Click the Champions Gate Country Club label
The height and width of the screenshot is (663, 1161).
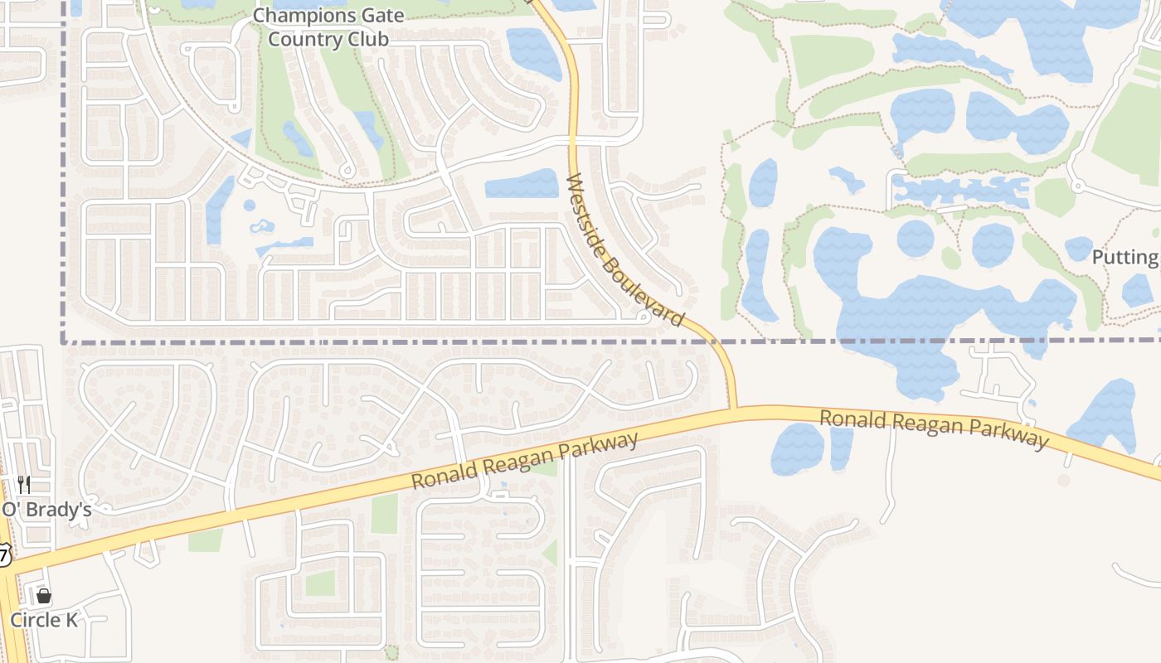(x=328, y=27)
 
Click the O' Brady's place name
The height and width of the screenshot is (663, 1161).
(x=46, y=510)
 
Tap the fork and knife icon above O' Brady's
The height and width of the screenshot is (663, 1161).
(x=24, y=485)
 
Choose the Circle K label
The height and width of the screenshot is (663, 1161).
(x=43, y=620)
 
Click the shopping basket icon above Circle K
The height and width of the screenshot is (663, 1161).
(x=44, y=596)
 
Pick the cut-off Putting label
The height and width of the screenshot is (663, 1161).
(x=1125, y=257)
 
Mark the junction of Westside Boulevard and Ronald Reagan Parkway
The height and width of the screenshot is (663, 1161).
(x=733, y=409)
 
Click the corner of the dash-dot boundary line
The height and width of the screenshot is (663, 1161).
(x=64, y=341)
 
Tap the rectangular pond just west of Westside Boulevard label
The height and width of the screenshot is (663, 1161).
(x=522, y=185)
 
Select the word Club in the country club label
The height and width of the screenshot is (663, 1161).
(x=366, y=38)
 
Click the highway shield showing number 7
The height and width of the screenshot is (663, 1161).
(x=4, y=554)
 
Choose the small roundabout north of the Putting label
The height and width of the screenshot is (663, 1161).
(x=1076, y=185)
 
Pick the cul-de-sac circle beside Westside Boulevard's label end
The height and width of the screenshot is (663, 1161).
(x=644, y=317)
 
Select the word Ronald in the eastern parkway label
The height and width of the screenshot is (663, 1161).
(x=850, y=419)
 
